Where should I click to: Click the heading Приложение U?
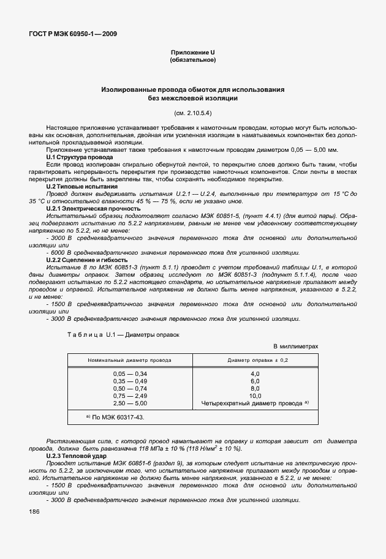(x=192, y=53)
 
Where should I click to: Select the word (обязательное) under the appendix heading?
(x=192, y=61)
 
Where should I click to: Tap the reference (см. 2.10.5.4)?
(x=192, y=113)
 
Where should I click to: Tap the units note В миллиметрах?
(x=295, y=347)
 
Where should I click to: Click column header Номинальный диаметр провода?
(x=130, y=361)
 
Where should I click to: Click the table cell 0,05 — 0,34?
(x=130, y=373)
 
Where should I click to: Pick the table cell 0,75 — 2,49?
(x=130, y=396)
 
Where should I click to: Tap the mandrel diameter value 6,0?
(x=255, y=381)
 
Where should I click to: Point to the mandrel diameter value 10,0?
(x=255, y=396)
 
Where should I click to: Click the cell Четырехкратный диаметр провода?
(x=252, y=403)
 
